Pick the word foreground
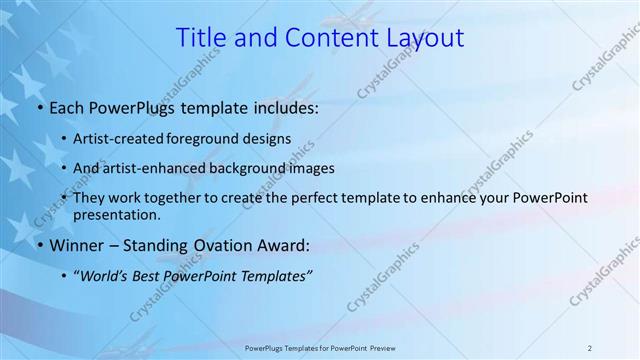point(214,139)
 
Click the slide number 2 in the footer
point(589,347)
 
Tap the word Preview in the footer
point(393,347)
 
